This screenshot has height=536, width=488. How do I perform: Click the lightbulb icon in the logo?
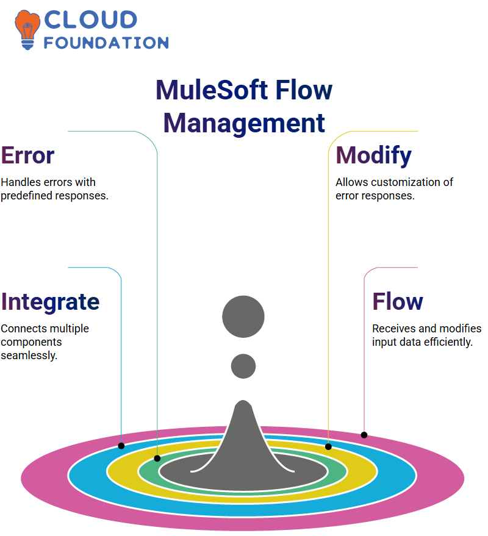(x=27, y=30)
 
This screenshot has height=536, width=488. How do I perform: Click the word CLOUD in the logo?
(x=91, y=20)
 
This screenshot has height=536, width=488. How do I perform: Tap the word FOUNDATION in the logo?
(x=106, y=43)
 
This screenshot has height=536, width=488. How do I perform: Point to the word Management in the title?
(x=244, y=123)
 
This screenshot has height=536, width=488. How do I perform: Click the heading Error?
(x=27, y=155)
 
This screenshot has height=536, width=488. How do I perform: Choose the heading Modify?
(x=374, y=155)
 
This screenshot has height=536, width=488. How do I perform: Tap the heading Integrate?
(x=50, y=302)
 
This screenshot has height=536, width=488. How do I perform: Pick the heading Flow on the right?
(x=398, y=301)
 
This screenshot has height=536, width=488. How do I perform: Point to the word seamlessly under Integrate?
(x=29, y=356)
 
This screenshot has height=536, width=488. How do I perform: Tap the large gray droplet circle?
(x=243, y=316)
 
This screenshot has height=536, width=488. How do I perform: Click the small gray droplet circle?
(x=243, y=366)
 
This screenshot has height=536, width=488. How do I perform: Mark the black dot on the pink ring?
(x=364, y=435)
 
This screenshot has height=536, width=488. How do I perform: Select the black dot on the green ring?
(x=157, y=459)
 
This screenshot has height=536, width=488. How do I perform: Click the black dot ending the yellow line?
(x=328, y=447)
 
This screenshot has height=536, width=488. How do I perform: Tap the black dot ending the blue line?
(x=121, y=446)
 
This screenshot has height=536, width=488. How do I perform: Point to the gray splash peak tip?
(x=243, y=401)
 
